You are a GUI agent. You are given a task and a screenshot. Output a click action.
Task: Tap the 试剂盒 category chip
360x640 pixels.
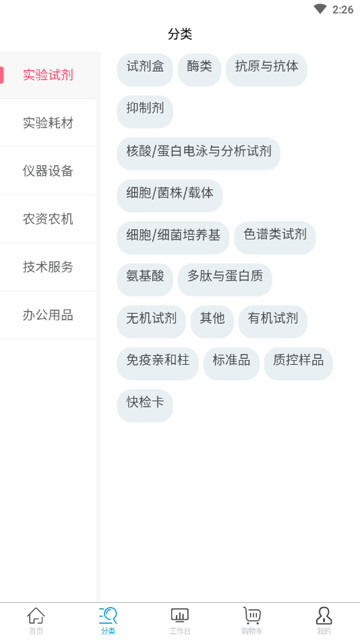click(x=145, y=69)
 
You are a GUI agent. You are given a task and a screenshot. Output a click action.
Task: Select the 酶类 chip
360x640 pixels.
click(x=199, y=69)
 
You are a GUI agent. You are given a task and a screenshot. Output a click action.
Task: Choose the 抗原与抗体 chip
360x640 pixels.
click(x=266, y=69)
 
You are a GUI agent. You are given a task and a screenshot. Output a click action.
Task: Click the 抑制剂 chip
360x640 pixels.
click(x=145, y=112)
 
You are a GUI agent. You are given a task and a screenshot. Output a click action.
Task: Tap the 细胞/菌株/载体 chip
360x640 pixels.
click(x=170, y=196)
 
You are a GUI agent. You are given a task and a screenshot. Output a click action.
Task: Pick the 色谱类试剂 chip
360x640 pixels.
click(x=274, y=237)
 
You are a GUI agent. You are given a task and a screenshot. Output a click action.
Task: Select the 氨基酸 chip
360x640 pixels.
click(x=145, y=280)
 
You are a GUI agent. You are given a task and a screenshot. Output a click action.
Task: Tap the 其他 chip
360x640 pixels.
click(x=212, y=322)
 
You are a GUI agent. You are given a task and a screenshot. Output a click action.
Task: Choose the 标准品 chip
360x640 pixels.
click(x=231, y=363)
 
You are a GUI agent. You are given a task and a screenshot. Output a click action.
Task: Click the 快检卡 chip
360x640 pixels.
click(x=145, y=406)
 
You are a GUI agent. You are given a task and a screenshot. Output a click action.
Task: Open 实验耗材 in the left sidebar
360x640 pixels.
click(x=48, y=123)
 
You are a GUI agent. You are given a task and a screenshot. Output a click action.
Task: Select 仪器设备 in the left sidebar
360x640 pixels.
click(x=48, y=171)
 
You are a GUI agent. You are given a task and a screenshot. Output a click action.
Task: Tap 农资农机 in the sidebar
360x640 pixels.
click(x=48, y=219)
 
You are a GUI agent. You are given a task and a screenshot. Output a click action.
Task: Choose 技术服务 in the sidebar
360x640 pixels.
click(x=48, y=267)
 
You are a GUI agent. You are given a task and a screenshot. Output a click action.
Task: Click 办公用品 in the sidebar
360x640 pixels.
click(x=48, y=315)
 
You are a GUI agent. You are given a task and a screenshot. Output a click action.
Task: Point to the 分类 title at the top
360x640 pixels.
click(x=180, y=34)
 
